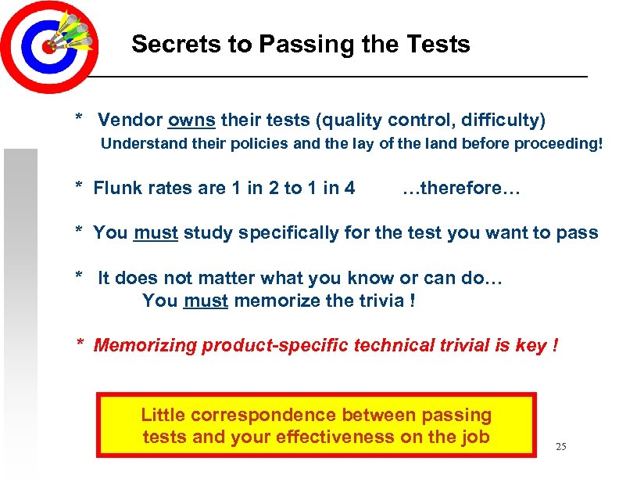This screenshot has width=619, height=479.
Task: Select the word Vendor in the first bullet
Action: [x=130, y=121]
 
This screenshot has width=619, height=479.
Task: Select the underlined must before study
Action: [x=156, y=232]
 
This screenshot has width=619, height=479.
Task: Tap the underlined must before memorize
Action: [x=206, y=301]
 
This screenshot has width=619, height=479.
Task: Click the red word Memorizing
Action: [x=145, y=345]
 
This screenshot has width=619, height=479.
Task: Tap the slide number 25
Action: [x=560, y=447]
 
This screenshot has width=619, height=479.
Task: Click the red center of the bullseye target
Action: [x=48, y=46]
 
